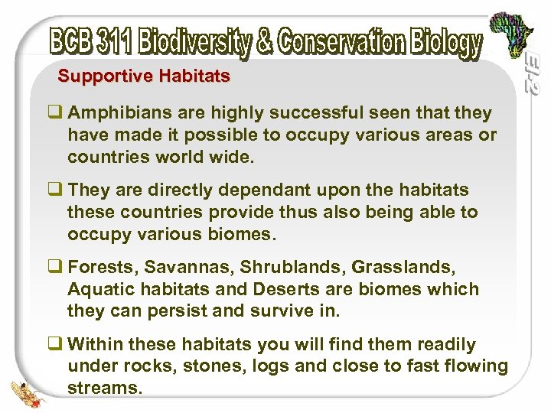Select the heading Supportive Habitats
coord(144,76)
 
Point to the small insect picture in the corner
coord(30,391)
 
